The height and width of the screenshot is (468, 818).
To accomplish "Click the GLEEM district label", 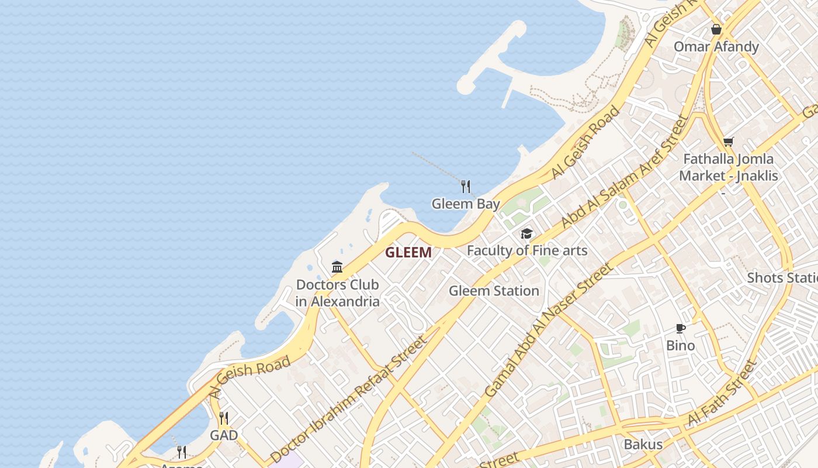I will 408,253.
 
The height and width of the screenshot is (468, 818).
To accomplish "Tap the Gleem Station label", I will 494,291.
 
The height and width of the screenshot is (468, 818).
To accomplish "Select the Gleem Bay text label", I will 466,204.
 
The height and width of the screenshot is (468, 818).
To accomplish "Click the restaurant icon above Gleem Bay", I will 466,187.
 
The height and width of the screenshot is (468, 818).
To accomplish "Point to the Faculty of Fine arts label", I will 527,251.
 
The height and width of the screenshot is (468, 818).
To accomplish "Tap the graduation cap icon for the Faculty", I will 527,234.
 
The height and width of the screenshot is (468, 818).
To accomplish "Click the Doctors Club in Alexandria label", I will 337,293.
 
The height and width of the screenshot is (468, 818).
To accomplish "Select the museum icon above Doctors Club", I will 337,267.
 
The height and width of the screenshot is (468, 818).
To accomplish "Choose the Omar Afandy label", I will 716,47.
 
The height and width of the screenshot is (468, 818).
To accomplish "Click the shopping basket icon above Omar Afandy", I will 716,29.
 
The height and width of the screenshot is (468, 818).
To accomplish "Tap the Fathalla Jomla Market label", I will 729,167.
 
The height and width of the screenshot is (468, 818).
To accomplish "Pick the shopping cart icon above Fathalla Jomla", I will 729,142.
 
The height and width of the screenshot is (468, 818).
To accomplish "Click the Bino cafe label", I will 681,345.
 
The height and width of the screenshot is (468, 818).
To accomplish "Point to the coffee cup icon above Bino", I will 681,328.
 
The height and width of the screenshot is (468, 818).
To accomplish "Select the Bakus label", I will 643,444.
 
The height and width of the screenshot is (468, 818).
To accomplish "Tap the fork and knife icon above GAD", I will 224,418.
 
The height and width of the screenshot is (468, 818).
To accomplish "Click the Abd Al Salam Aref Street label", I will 625,172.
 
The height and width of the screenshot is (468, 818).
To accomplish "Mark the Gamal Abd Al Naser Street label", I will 549,331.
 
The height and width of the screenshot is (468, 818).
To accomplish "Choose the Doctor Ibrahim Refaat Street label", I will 349,400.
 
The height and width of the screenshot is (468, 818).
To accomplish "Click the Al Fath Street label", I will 722,393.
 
